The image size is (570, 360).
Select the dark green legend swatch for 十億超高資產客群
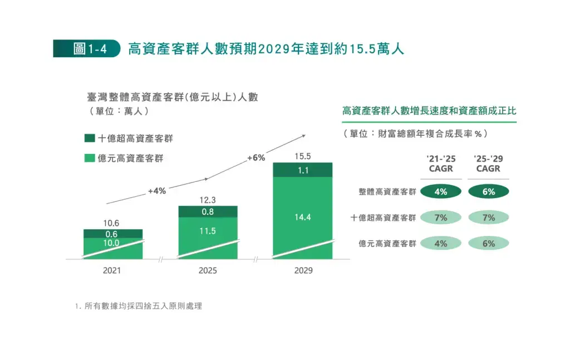(x=89, y=138)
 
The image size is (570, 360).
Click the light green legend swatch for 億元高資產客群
(x=89, y=158)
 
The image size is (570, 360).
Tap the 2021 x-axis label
(x=112, y=271)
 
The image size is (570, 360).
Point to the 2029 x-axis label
(x=303, y=271)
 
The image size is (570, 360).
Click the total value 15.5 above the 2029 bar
(x=303, y=156)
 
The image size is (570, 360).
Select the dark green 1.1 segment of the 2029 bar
(x=303, y=170)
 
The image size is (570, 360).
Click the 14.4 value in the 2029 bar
(x=303, y=218)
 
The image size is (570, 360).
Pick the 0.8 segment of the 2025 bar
(x=208, y=211)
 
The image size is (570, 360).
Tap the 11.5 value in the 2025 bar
(x=208, y=231)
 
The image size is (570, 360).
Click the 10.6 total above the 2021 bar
(x=112, y=223)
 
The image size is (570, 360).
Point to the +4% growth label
(x=157, y=191)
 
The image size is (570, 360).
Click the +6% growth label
(x=256, y=158)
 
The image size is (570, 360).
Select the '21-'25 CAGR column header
(x=441, y=165)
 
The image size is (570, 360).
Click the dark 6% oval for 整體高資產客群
(x=489, y=192)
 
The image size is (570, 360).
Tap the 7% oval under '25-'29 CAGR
(x=489, y=218)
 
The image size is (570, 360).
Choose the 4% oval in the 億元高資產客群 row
(x=441, y=243)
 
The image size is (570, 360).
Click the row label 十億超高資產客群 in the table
(x=384, y=218)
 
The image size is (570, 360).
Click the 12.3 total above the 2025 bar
(x=208, y=200)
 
